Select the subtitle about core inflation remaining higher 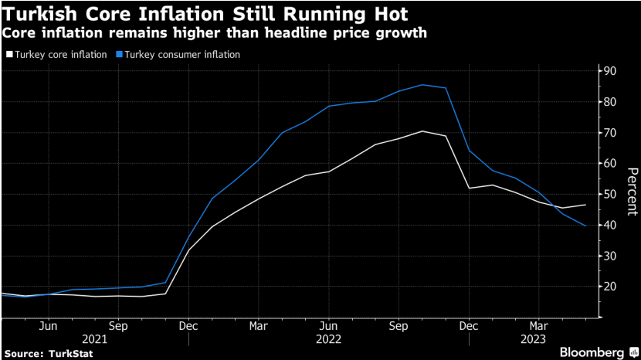pos(215,34)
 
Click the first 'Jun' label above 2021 pos(48,325)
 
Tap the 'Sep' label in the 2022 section pos(399,325)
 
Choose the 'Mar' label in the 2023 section pos(539,325)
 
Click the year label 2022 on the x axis pos(328,339)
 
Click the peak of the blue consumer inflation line pos(422,84)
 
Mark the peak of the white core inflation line pos(422,131)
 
